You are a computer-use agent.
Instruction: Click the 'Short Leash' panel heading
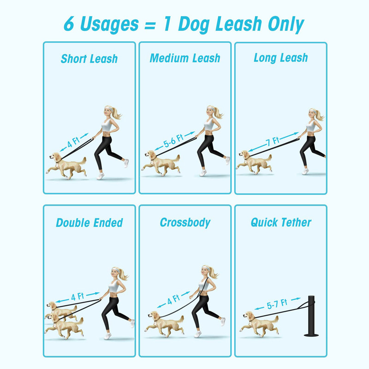tap(89, 59)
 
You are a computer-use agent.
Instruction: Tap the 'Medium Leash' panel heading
tap(185, 58)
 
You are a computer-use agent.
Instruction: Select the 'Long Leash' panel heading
tap(281, 58)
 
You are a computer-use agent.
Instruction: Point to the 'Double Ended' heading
tap(89, 223)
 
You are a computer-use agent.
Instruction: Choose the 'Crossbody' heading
tap(185, 223)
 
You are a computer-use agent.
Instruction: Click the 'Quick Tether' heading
tap(281, 222)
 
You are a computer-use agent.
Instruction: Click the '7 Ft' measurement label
tap(273, 141)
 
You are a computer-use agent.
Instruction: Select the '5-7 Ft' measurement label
tap(277, 304)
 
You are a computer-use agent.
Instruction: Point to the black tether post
tap(312, 316)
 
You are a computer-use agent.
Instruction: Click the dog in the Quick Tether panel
tap(259, 324)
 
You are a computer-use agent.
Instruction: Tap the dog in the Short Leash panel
tap(66, 165)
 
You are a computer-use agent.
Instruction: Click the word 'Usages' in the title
tap(109, 24)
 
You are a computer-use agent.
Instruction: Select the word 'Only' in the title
tap(286, 24)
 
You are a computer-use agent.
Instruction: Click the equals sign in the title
tap(150, 25)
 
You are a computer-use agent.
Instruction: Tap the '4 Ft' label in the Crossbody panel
tap(173, 299)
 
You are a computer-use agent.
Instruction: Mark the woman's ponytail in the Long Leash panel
tap(320, 115)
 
